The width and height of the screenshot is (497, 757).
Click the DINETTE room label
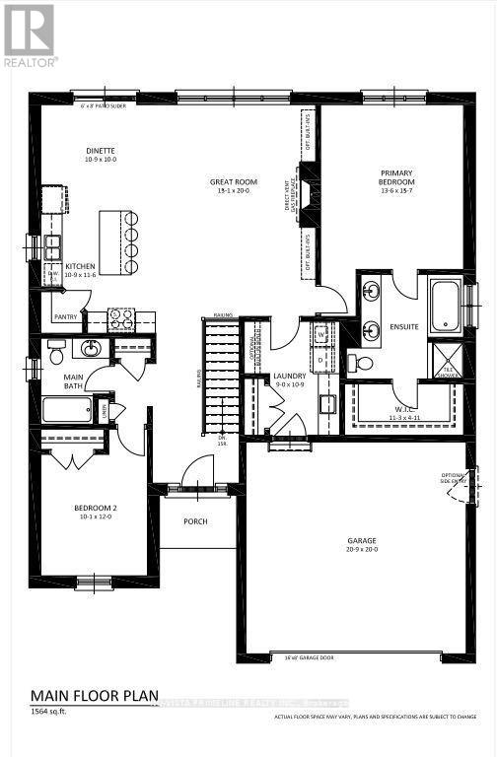coord(101,151)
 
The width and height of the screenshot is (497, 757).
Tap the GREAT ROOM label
coord(233,181)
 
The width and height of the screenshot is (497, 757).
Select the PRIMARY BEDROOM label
coord(396,177)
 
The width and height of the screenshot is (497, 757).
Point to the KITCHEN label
coord(80,266)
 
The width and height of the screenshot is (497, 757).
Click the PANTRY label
coord(66,317)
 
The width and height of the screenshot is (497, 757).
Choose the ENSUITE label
coord(404,326)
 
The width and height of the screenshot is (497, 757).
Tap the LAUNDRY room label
coord(290,376)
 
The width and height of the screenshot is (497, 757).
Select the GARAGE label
coord(363,541)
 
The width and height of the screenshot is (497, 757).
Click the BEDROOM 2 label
coord(96,510)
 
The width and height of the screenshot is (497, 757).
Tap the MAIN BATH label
coord(75,381)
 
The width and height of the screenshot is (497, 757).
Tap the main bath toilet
coord(56,351)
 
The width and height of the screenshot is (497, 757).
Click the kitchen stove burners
coord(121,318)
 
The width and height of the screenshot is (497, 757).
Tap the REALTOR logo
coord(29,34)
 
